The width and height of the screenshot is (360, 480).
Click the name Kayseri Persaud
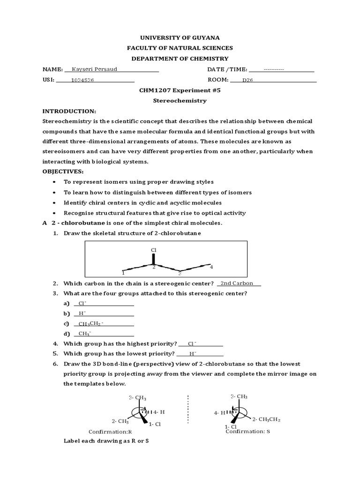[94, 69]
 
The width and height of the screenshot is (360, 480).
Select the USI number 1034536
[82, 80]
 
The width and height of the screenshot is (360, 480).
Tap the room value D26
[247, 80]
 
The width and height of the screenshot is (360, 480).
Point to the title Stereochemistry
[180, 100]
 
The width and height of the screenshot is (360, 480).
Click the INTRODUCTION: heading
[69, 111]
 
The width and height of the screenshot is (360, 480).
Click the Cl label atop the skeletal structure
[153, 250]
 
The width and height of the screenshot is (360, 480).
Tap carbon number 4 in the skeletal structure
[211, 267]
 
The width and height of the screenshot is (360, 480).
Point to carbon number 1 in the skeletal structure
[123, 272]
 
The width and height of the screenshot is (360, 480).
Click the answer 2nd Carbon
[237, 283]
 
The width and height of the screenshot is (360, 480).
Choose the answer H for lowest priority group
[193, 353]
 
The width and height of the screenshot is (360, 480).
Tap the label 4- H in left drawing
[159, 412]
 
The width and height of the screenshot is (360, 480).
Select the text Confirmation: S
[247, 431]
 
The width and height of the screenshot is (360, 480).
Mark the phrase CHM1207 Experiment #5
[180, 90]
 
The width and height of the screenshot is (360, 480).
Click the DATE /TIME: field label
[227, 70]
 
